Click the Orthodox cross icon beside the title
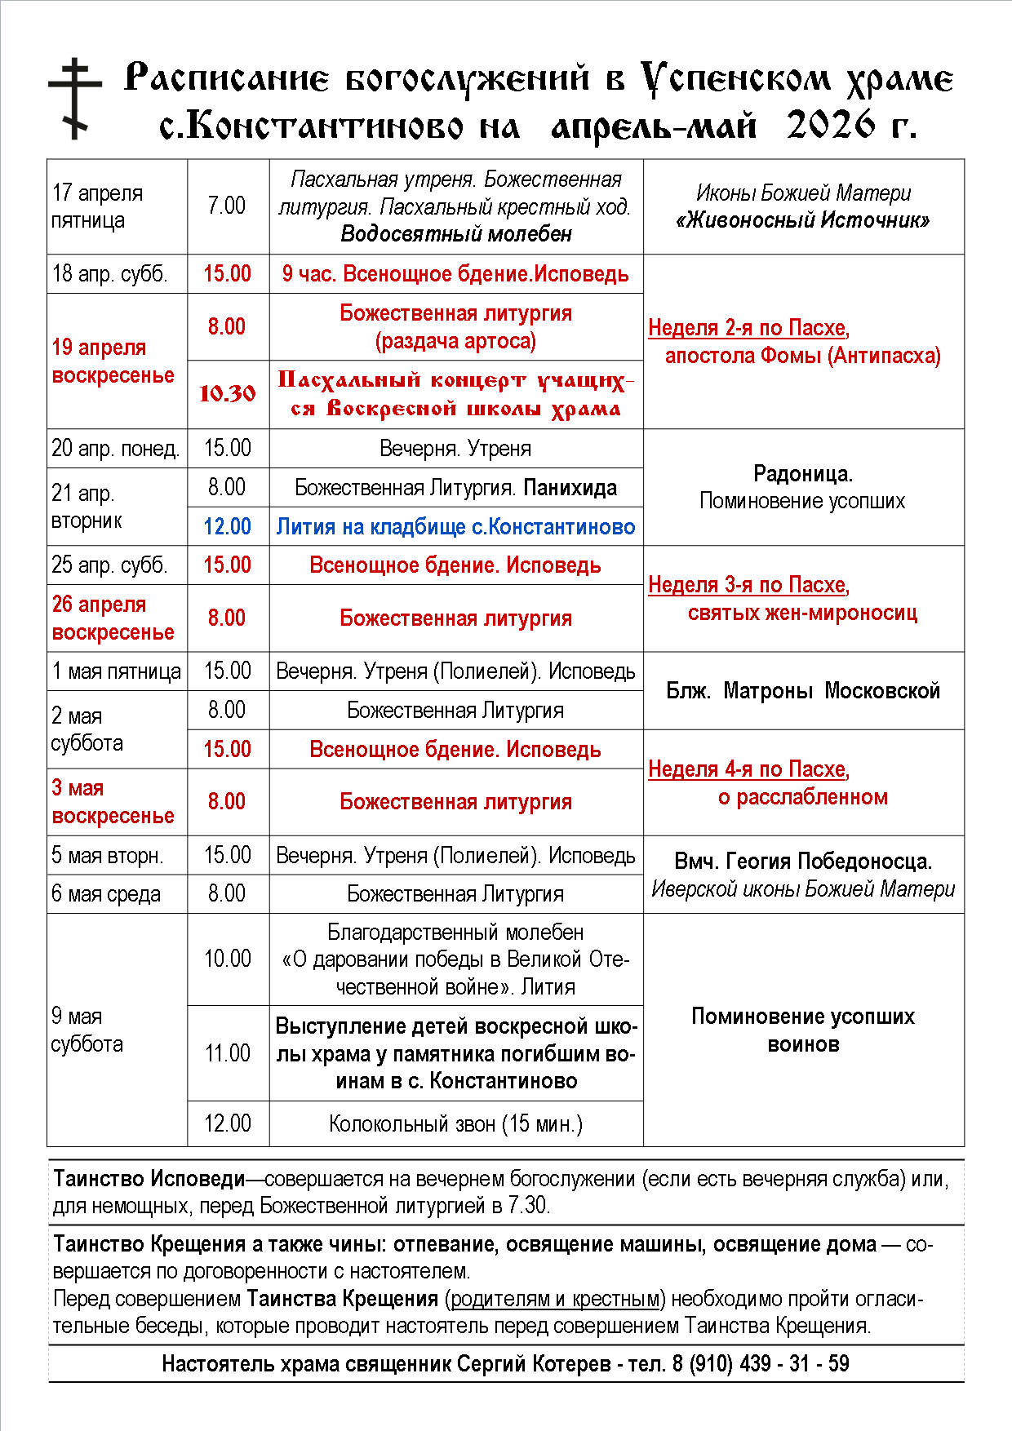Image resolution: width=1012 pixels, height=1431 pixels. pos(75,99)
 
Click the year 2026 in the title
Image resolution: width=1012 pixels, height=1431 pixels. pos(831,126)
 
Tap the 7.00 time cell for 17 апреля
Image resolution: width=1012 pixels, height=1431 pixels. pos(227,206)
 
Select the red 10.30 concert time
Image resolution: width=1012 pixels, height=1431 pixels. pos(228,394)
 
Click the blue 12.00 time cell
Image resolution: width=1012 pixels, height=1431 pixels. pos(227,526)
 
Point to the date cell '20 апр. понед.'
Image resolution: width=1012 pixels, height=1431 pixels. pos(116,448)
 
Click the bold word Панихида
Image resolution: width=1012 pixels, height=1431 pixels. pos(570,488)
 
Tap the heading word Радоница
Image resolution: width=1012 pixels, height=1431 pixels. pos(802,474)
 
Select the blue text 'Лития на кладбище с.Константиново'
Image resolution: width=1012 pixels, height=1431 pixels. pos(455,527)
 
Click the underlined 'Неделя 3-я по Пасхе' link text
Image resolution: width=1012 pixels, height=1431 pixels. pos(748,585)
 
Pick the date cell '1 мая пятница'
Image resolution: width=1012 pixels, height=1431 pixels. pos(116,671)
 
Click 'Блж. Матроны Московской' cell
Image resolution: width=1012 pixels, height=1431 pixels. pos(803,691)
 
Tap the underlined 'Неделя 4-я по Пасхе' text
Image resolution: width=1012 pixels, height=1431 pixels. pos(748,769)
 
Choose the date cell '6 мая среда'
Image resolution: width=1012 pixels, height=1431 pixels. pos(106,894)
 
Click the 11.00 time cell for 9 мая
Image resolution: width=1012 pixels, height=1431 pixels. pos(228,1053)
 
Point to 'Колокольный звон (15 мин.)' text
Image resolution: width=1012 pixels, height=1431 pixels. pos(455,1124)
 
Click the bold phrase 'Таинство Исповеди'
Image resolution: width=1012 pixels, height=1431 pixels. pos(149,1179)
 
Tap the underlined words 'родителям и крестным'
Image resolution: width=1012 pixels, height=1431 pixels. pos(555,1299)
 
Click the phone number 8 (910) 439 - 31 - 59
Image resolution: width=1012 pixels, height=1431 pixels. pos(761,1364)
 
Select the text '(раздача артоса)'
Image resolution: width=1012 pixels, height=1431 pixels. pos(455,341)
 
